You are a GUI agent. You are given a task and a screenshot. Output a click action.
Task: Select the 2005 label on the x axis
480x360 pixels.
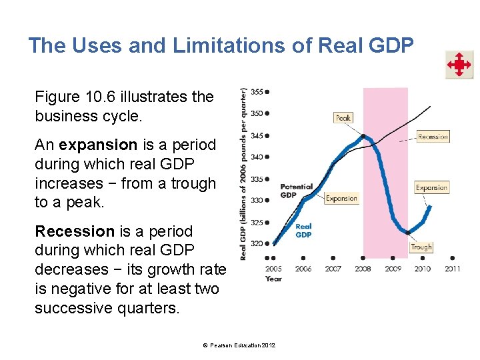[x=273, y=269]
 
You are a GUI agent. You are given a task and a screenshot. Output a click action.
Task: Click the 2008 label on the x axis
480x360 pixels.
[x=363, y=269]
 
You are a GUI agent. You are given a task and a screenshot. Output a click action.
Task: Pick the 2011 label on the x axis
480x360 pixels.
[x=452, y=269]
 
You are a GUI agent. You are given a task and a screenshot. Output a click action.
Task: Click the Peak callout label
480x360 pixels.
[x=343, y=118]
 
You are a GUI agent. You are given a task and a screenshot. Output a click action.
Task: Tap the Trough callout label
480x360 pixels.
[x=421, y=247]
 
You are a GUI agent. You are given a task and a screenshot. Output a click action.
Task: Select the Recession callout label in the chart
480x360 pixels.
[x=433, y=137]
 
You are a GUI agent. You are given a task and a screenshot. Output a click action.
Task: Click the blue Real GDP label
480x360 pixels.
[x=303, y=231]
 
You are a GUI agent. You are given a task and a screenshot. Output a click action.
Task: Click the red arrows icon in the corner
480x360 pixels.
[x=459, y=65]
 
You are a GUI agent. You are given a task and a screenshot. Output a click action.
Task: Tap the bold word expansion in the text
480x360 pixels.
[x=97, y=145]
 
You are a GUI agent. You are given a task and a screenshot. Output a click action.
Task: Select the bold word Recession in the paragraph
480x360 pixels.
[x=75, y=231]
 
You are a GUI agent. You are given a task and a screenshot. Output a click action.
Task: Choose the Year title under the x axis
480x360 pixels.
[x=273, y=279]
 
